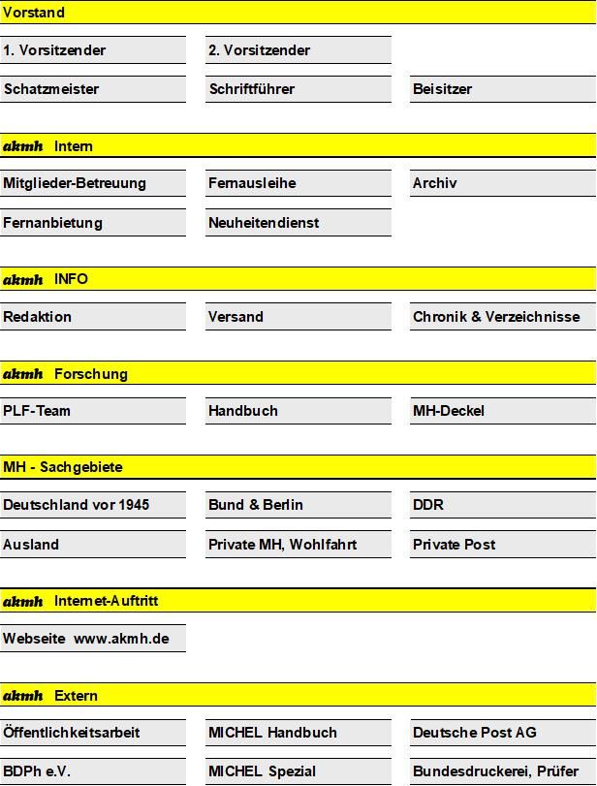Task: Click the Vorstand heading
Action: point(34,13)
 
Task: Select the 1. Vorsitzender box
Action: point(92,50)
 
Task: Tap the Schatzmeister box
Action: point(92,89)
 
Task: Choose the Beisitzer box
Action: point(502,89)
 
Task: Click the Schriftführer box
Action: point(298,89)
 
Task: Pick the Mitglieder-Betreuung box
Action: point(92,183)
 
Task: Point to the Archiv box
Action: point(502,183)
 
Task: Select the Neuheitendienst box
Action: point(298,223)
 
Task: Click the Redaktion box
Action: point(92,317)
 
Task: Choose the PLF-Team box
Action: point(92,411)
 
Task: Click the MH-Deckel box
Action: point(502,411)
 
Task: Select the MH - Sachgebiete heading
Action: point(63,467)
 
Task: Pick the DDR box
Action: point(502,505)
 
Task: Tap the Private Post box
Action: point(502,545)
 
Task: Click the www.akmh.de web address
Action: point(121,639)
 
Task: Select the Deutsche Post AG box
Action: point(502,733)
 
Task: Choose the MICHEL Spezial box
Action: point(298,771)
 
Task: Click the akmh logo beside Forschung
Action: point(23,374)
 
